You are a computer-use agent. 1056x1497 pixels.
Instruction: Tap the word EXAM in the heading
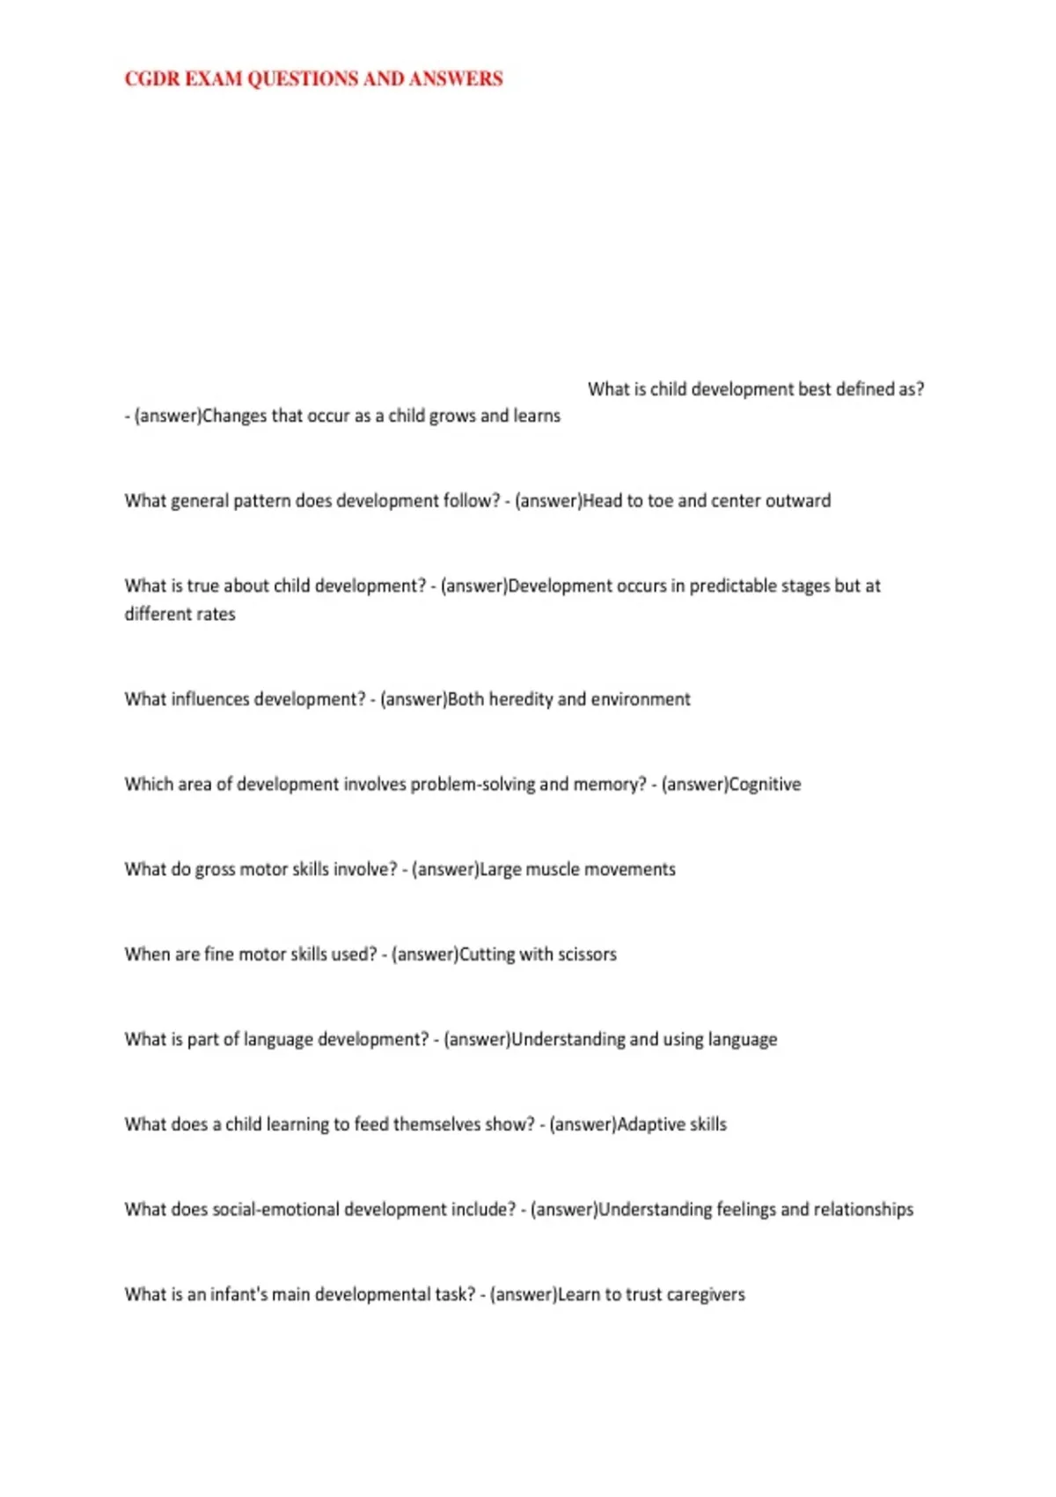click(213, 79)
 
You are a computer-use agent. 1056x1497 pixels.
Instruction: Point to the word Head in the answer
click(602, 501)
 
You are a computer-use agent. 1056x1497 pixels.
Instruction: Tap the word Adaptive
click(651, 1125)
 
